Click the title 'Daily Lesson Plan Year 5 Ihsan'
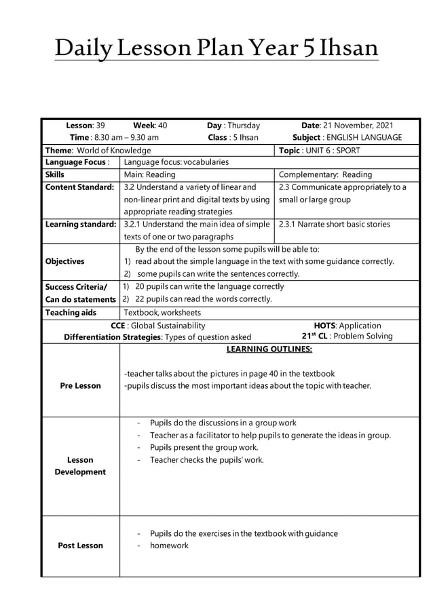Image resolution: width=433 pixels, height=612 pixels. [216, 49]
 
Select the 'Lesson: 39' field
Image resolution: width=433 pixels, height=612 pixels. [85, 126]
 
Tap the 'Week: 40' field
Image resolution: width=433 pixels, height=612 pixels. [150, 126]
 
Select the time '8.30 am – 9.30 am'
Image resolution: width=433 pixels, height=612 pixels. [124, 137]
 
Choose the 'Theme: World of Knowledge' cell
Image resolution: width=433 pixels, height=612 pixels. [98, 150]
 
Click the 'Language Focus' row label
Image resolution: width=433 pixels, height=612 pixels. [77, 162]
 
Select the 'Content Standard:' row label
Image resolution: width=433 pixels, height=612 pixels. [79, 187]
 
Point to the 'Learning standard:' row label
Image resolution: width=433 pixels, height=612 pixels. [81, 224]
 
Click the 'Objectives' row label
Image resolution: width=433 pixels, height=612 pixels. [64, 261]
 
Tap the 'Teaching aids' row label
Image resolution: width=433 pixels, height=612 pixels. [71, 313]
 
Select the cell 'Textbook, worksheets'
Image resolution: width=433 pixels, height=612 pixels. [162, 313]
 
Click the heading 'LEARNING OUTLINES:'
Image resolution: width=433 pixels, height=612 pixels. [269, 349]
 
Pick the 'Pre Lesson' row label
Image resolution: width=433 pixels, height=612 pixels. [80, 385]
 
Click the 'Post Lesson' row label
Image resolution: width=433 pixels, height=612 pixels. [80, 546]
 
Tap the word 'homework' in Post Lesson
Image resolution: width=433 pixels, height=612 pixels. [169, 546]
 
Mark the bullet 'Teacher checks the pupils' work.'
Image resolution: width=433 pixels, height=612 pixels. [206, 460]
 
